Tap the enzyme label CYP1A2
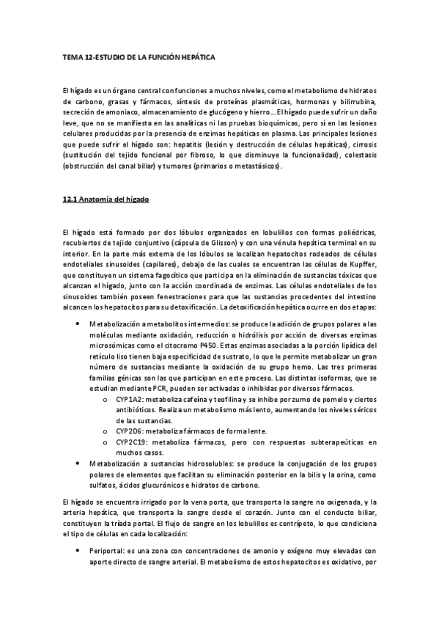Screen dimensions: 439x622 click(127, 397)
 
